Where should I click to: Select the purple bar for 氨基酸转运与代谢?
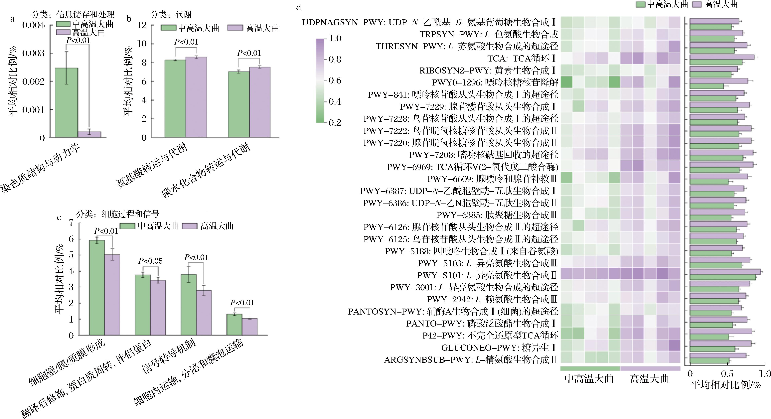coord(196,97)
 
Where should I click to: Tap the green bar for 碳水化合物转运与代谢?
coord(238,104)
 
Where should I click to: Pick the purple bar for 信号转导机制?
coord(204,313)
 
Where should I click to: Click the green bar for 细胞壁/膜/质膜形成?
coord(97,287)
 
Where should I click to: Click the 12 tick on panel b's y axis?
coord(142,25)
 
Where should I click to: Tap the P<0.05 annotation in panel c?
coord(151,261)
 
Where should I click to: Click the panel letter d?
coord(298,7)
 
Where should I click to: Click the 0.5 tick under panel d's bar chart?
coord(727,373)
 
